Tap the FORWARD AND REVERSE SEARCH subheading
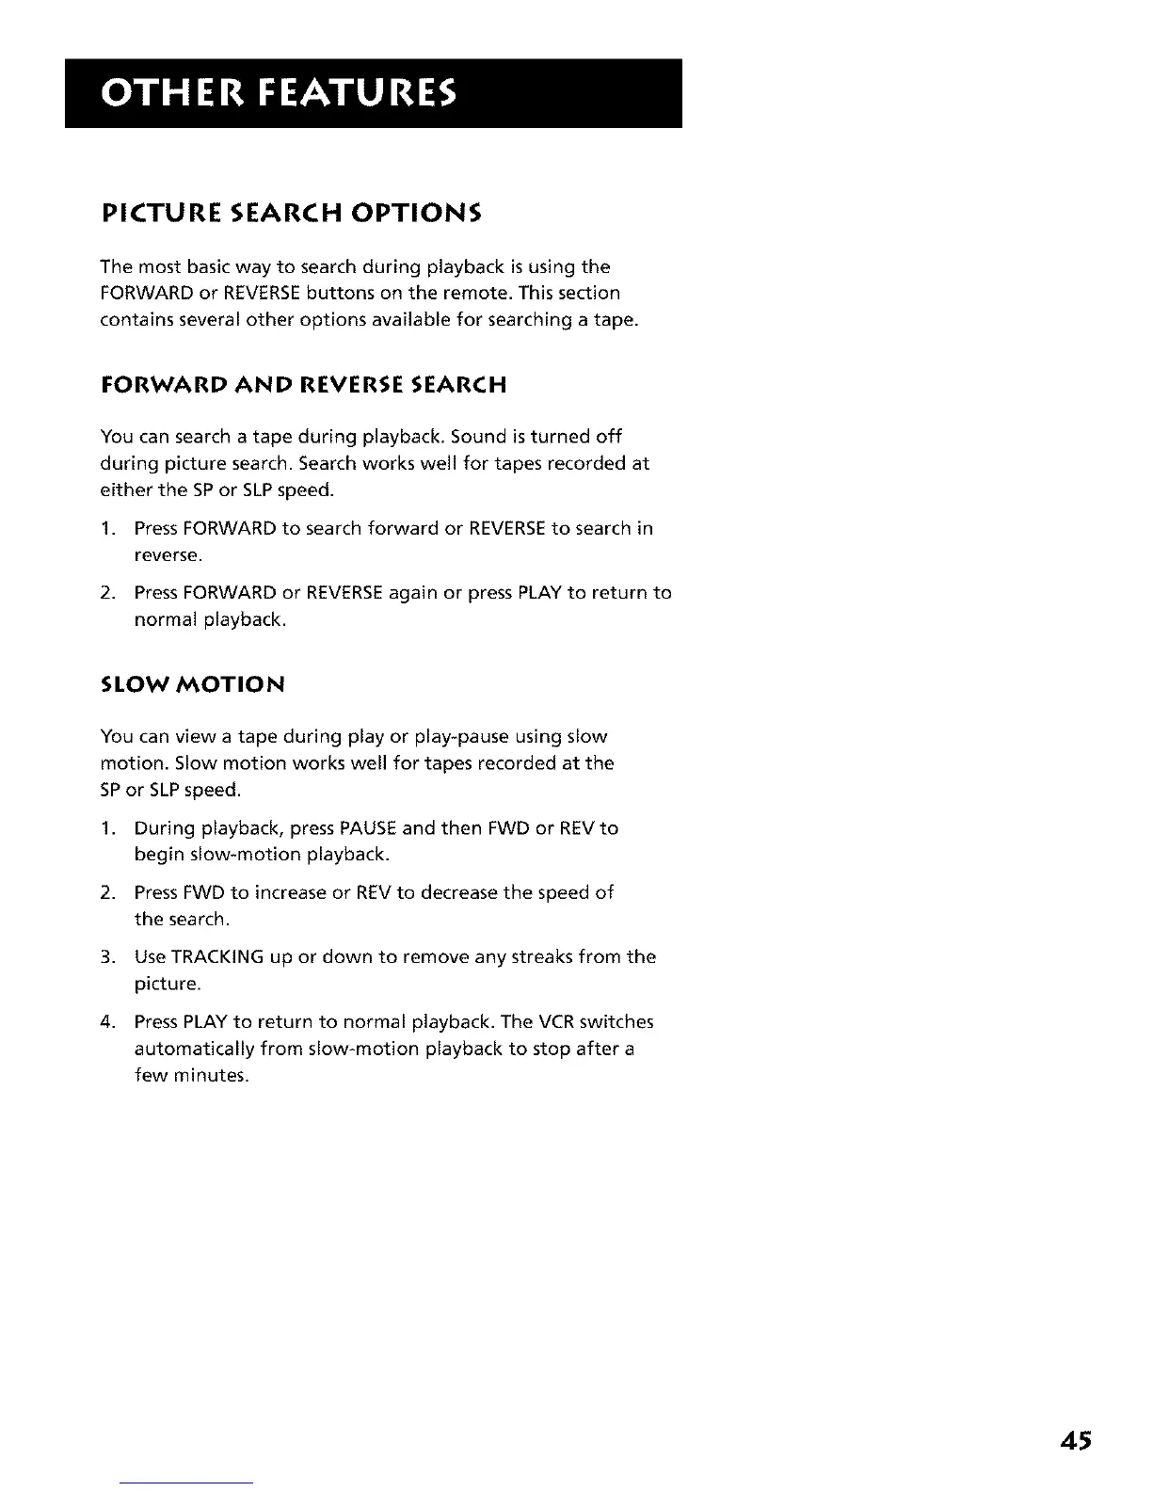303,384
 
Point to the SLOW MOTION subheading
192,683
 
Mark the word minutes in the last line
213,1075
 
